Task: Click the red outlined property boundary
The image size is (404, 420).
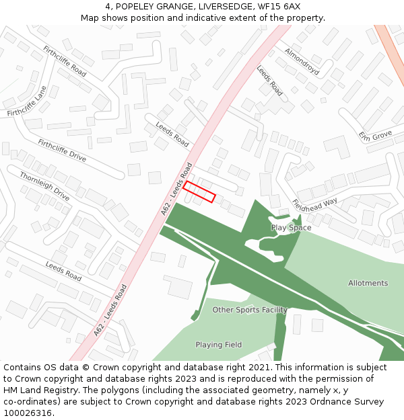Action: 199,192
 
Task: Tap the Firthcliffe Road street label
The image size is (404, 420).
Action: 65,61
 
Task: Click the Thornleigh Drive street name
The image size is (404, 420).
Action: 44,186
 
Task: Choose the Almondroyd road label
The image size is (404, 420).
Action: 301,60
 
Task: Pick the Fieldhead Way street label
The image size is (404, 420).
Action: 314,202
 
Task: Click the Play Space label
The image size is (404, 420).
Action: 291,228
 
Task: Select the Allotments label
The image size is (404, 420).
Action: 368,283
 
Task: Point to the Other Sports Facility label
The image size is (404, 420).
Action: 250,310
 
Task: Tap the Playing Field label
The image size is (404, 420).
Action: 219,345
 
